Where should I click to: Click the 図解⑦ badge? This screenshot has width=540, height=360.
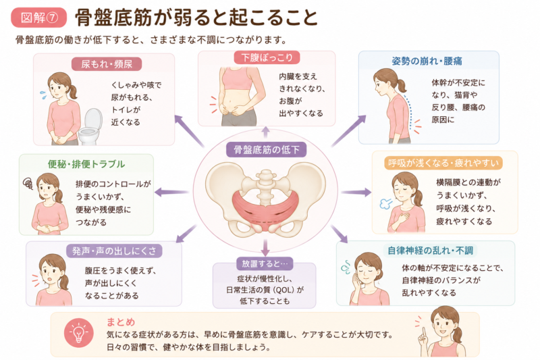pos(38,18)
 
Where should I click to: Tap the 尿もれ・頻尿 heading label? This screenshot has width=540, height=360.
pos(107,64)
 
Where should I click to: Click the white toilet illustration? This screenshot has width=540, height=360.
pos(90,126)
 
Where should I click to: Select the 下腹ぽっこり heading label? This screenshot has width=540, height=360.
pos(267,57)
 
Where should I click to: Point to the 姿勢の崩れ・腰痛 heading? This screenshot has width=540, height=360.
pos(427,61)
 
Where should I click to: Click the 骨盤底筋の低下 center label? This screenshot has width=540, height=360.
pos(267,150)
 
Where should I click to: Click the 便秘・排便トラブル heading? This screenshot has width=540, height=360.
pos(86,164)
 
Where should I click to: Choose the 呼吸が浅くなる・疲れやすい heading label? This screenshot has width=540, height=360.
pos(443,163)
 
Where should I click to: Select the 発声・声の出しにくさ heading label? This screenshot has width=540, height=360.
pos(114,251)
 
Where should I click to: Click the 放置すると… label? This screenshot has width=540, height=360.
pos(265,264)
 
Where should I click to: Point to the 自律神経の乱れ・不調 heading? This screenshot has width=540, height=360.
pos(430,251)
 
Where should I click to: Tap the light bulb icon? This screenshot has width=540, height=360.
pos(78,332)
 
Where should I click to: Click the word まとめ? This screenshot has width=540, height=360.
pos(121,322)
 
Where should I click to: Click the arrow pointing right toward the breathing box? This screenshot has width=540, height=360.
pos(356,192)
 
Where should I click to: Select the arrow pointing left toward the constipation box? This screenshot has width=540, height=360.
pos(171,192)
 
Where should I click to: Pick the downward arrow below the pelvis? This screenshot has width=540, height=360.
pos(265,247)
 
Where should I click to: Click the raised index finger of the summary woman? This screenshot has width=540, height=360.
pos(424,332)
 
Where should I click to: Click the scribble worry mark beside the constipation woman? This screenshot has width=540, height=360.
pos(28,184)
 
